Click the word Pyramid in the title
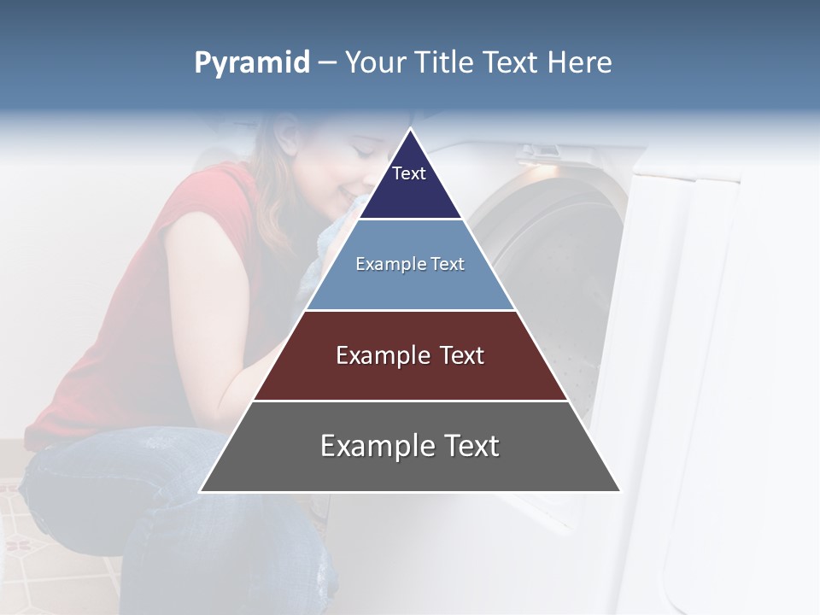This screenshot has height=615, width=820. click(252, 63)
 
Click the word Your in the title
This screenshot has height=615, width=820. click(374, 63)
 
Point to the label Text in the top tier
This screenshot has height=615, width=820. click(408, 173)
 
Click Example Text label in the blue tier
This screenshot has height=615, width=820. click(410, 264)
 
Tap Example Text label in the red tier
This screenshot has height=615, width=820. click(410, 355)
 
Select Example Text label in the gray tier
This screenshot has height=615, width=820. click(410, 446)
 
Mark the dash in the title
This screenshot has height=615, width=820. click(327, 63)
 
